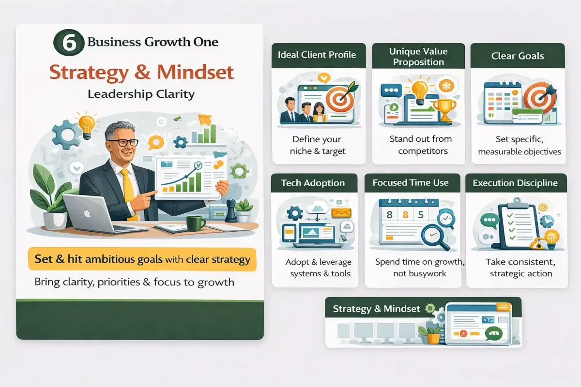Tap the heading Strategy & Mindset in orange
coord(141,72)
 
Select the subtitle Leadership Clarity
coord(141,94)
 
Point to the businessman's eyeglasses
coord(123,143)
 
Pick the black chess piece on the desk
coord(231,211)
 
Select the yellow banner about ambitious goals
coord(142,259)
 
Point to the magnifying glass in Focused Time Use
coord(434,237)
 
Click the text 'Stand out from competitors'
coord(421,145)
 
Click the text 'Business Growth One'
coord(153,42)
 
